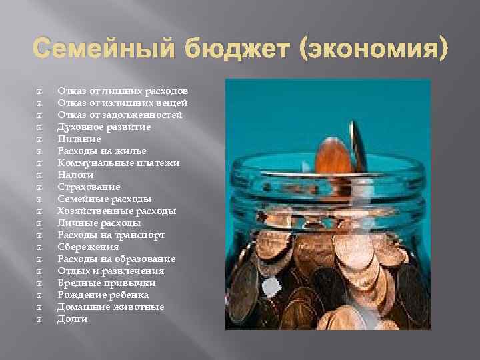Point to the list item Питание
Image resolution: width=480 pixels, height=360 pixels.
(79, 139)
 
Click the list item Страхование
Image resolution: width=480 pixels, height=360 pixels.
(89, 187)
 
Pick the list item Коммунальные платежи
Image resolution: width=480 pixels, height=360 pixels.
(119, 163)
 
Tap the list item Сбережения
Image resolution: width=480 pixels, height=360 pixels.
(88, 247)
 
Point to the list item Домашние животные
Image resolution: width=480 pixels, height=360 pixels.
(111, 307)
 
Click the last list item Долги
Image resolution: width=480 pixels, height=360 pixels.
(72, 319)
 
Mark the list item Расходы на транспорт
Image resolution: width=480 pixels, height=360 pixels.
(111, 235)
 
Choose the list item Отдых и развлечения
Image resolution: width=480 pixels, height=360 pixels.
(110, 271)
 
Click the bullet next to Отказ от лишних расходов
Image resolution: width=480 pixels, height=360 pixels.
(39, 91)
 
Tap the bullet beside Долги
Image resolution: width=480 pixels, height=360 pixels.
(39, 320)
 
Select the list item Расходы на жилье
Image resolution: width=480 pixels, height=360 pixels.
(102, 151)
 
